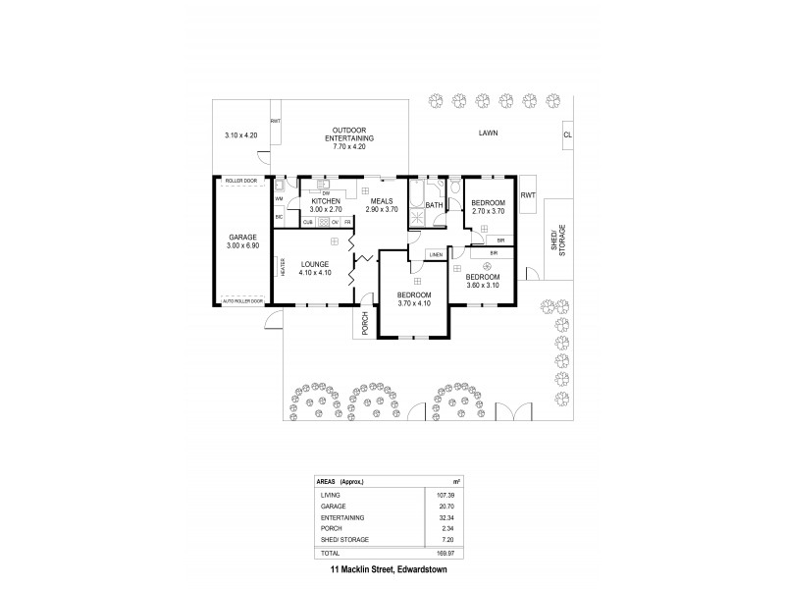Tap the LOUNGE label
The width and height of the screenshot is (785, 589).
tap(315, 264)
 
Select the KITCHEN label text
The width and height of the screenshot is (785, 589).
tap(325, 201)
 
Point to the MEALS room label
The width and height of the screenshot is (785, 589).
tap(382, 201)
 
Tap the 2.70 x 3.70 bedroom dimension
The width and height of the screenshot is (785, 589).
tap(488, 210)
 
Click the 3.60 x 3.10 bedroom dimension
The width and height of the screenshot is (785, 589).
tap(483, 286)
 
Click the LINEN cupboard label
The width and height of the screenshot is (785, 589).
tap(436, 255)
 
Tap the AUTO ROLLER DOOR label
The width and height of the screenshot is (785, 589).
tap(243, 301)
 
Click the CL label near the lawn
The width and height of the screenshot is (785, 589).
tap(567, 135)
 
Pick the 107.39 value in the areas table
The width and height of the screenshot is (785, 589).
tap(449, 496)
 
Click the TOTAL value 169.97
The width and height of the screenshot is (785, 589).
tap(449, 554)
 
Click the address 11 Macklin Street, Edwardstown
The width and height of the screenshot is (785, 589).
tap(390, 569)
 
